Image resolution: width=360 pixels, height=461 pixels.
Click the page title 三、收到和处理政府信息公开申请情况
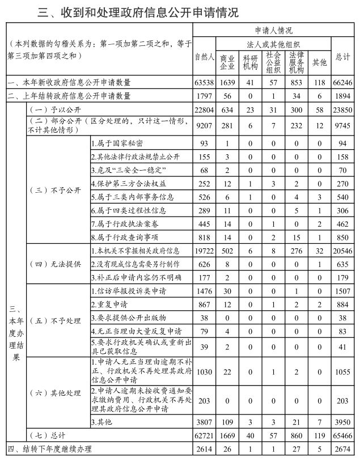click(x=138, y=11)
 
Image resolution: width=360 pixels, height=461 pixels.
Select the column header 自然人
click(x=204, y=57)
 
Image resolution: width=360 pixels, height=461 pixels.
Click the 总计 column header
click(x=343, y=57)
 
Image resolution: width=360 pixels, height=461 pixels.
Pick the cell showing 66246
click(x=343, y=83)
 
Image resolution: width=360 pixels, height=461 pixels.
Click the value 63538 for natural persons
click(x=204, y=83)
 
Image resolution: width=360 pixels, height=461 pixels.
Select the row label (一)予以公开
click(x=52, y=109)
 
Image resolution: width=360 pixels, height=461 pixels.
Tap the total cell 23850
click(x=343, y=109)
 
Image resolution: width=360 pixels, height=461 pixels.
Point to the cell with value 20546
click(x=343, y=250)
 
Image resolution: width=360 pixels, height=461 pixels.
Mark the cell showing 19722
click(x=204, y=250)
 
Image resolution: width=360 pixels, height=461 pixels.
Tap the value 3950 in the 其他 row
click(x=343, y=422)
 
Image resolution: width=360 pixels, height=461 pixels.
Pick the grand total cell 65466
click(x=343, y=435)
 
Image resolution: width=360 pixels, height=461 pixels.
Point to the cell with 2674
click(x=343, y=449)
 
